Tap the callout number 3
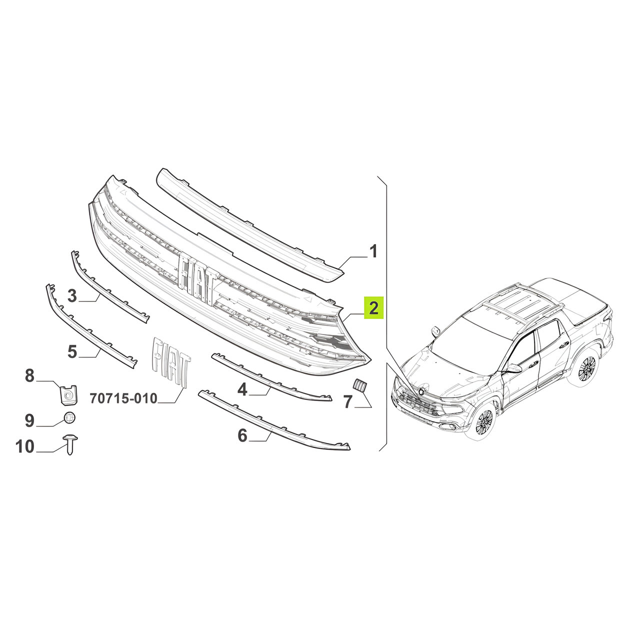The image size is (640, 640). click(72, 295)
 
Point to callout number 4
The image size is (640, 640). click(242, 389)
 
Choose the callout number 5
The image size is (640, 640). click(72, 351)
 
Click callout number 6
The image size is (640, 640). click(243, 435)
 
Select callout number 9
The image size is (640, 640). click(30, 421)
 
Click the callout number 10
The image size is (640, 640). click(25, 446)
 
